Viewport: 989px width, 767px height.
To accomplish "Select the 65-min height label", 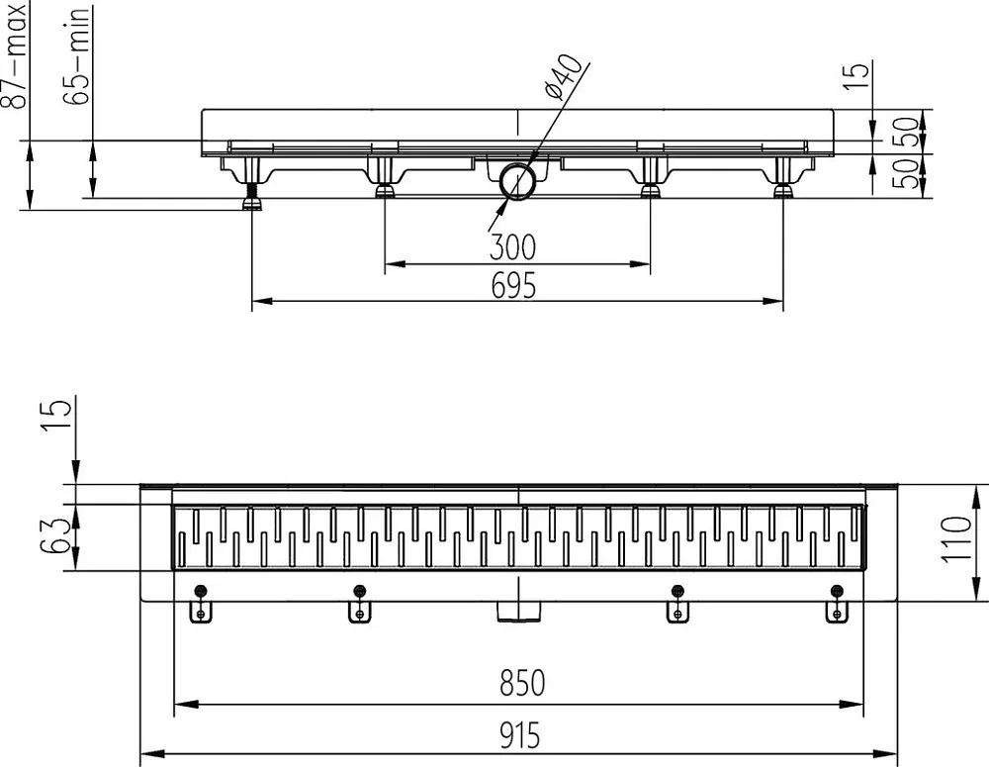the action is click(77, 56).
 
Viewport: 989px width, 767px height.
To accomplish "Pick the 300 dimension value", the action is click(512, 246).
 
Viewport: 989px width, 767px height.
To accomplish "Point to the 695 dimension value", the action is click(513, 285).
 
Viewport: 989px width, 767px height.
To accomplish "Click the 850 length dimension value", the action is click(521, 683).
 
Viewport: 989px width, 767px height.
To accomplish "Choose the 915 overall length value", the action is click(520, 735).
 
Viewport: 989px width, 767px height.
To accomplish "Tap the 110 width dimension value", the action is click(956, 538).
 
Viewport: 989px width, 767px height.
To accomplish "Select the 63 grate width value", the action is click(54, 536).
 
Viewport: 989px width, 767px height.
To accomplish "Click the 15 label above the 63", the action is click(56, 417).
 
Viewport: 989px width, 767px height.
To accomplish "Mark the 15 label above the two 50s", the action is click(856, 76).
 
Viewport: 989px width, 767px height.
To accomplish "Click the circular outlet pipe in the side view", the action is click(518, 181).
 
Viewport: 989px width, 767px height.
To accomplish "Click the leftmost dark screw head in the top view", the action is click(201, 591).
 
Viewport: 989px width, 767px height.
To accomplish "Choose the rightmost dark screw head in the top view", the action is click(837, 591).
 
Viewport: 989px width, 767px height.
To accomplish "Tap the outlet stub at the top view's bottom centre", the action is click(518, 611).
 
